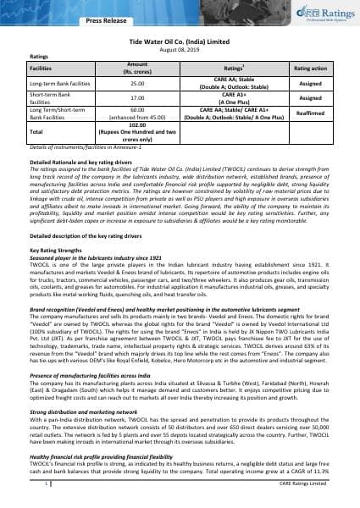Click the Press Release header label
tap(89, 15)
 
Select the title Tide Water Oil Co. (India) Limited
tap(180, 40)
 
